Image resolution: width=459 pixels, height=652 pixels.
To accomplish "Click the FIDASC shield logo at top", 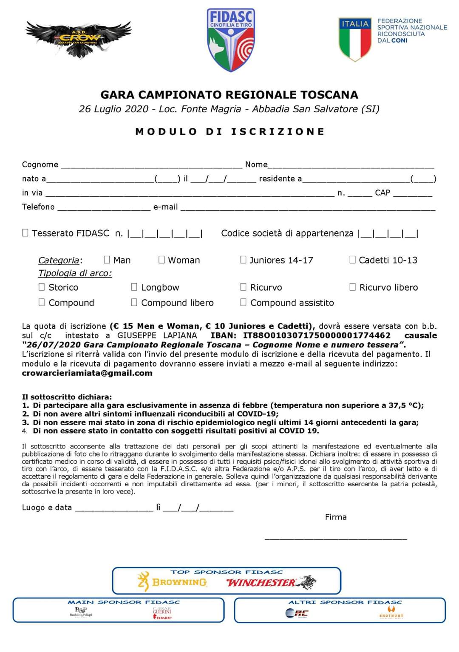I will (x=231, y=40).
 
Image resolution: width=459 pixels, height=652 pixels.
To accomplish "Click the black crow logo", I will (x=79, y=39).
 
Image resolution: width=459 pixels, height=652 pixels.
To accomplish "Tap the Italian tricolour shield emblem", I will (x=354, y=39).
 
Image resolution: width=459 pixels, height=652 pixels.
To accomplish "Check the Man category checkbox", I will (x=107, y=260).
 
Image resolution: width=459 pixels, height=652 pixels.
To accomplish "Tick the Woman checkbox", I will (x=161, y=260).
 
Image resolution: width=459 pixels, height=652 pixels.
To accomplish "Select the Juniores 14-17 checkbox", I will (x=243, y=260).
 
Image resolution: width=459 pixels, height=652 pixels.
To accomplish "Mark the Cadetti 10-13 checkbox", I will (x=352, y=260).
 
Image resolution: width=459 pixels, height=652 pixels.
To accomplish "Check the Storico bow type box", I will (x=42, y=287).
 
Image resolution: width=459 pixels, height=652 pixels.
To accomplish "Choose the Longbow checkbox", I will (x=134, y=287).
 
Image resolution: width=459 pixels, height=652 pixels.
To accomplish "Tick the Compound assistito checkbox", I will (x=243, y=302).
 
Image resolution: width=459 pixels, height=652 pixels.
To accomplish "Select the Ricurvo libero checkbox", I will (x=352, y=287).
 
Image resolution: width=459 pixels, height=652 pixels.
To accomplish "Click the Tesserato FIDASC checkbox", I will (x=25, y=232).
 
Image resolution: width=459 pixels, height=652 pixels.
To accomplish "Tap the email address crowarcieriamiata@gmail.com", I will (x=87, y=373).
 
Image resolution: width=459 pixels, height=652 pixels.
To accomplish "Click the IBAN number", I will (x=317, y=335).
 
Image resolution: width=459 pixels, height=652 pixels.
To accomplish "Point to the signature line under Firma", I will (x=336, y=538).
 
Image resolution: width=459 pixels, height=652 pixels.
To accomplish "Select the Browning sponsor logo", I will (x=172, y=581).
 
